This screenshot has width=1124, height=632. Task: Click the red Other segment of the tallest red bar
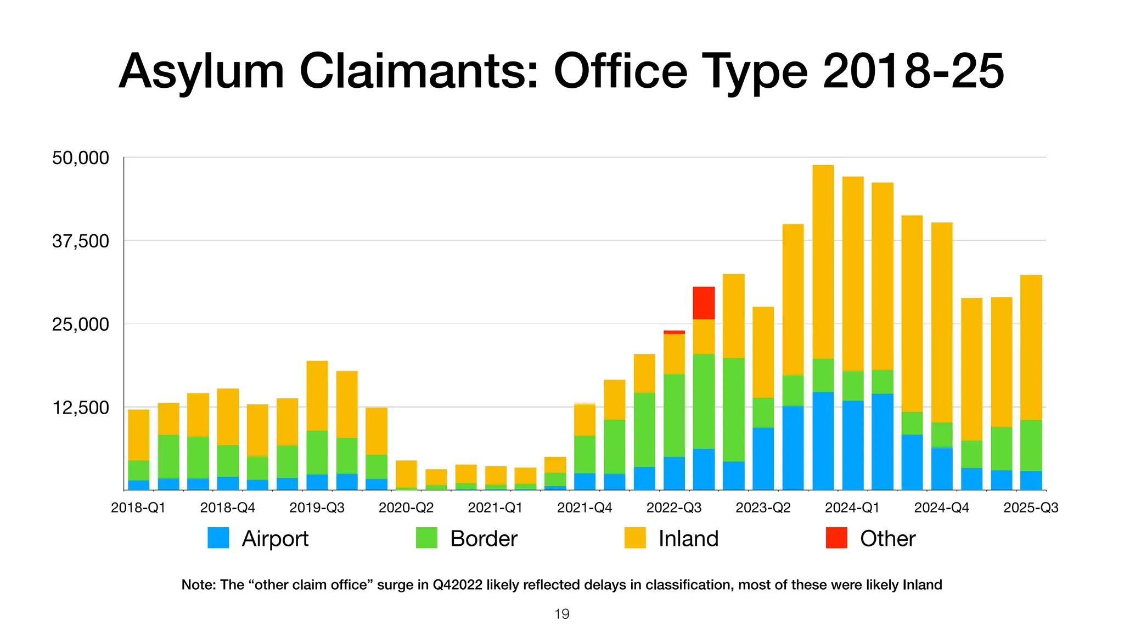point(704,303)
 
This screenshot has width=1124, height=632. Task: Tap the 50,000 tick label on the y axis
point(80,158)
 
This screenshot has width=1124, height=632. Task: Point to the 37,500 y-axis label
point(80,241)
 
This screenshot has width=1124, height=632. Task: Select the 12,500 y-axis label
point(80,408)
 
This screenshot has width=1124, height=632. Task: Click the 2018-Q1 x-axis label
point(138,507)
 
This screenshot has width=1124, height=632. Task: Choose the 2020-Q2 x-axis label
point(406,507)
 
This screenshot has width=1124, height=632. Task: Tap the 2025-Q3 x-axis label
point(1031,507)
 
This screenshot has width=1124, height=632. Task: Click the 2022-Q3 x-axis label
point(674,507)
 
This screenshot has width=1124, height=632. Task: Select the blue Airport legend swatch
point(218,538)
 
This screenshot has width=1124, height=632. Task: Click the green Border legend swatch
point(426,538)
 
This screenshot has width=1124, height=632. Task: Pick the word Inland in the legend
point(688,539)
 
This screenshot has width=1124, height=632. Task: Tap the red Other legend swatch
point(836,538)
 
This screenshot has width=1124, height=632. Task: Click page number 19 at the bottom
point(562,614)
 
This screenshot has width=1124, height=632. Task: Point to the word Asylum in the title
point(201,71)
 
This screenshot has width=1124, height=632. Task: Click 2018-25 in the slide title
point(913,71)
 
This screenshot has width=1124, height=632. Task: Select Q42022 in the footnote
point(457,585)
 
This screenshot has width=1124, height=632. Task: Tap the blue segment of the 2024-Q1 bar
point(852,445)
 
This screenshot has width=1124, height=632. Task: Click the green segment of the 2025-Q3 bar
point(1031,445)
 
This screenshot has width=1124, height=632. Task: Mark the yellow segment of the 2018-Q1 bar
point(138,435)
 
